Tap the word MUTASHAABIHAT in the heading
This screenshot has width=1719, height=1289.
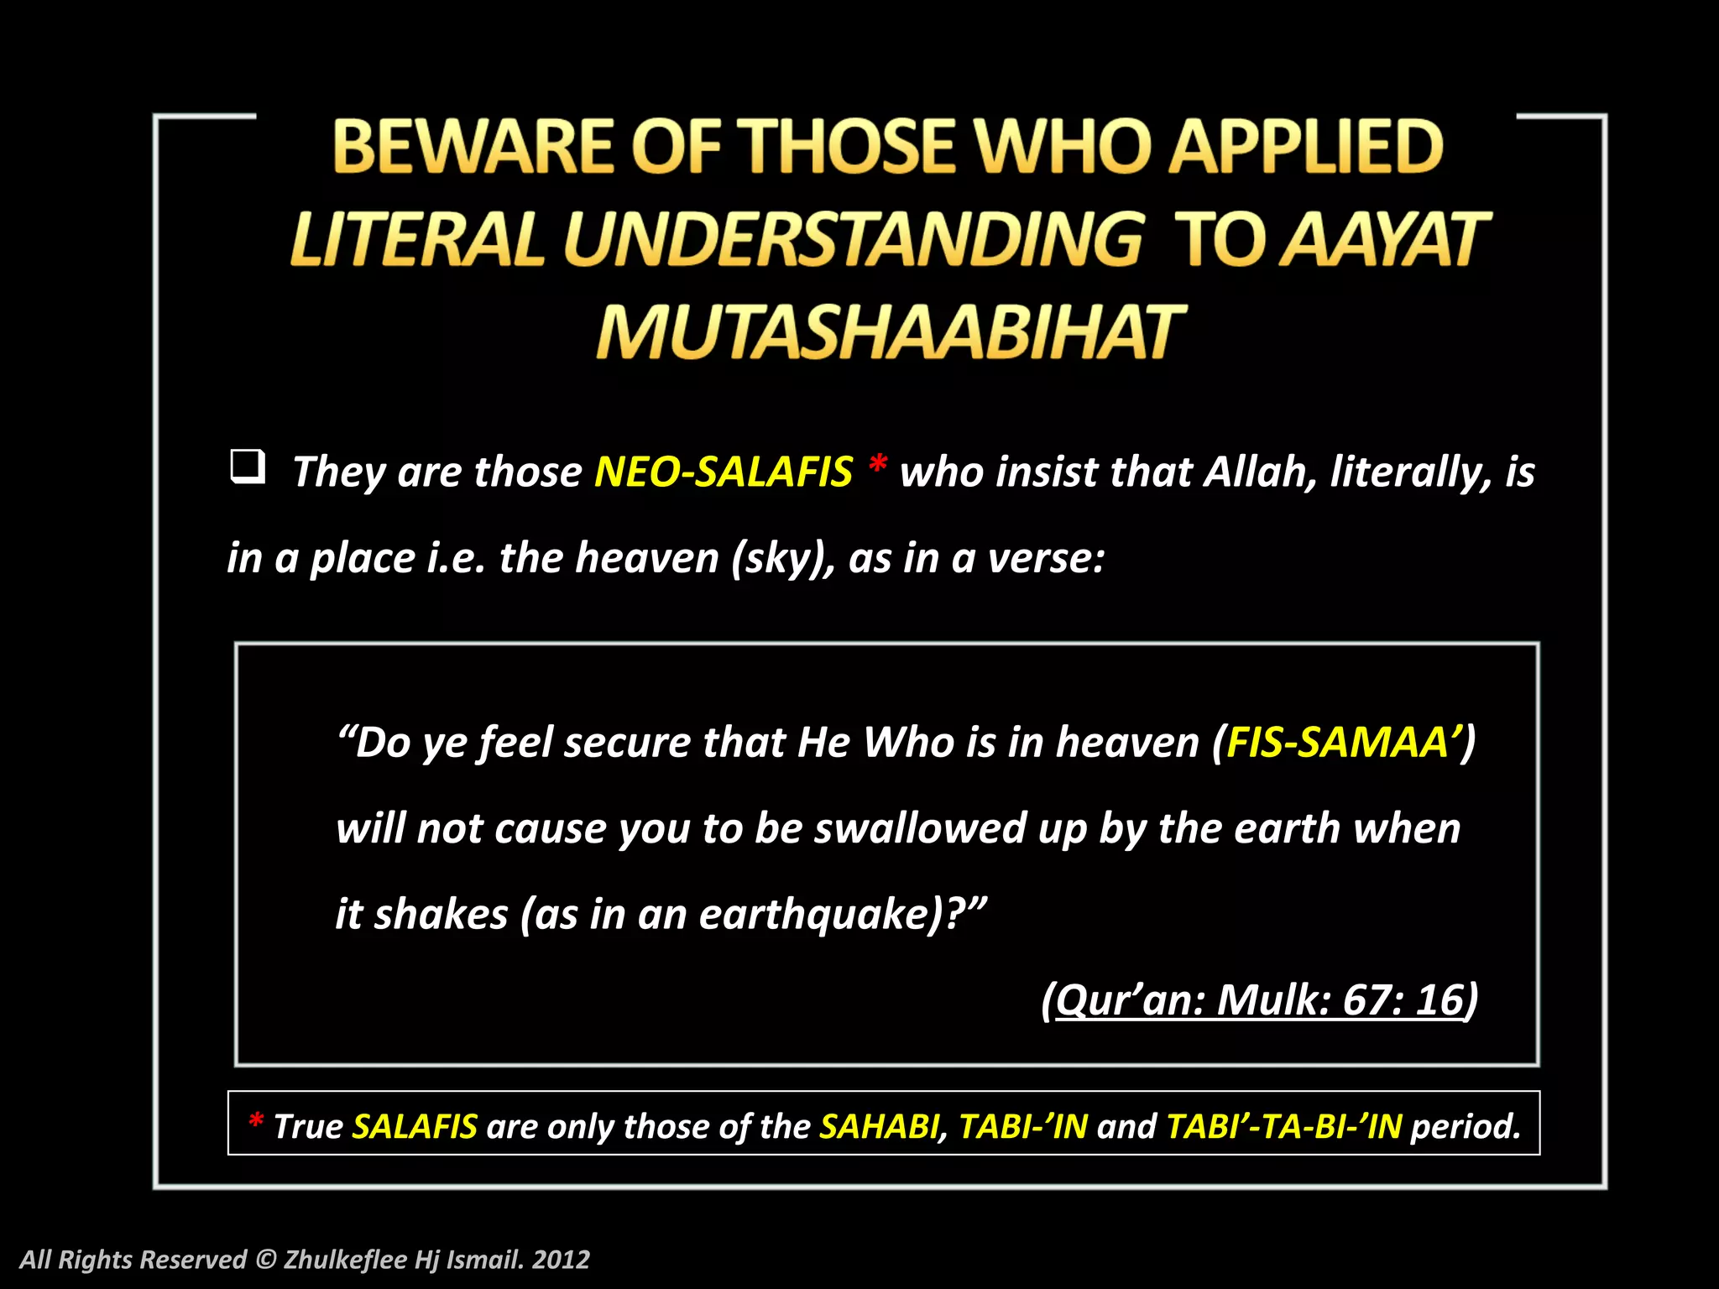[890, 332]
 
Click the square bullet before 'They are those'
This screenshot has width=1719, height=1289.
[248, 467]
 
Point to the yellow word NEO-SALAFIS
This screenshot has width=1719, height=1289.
[724, 472]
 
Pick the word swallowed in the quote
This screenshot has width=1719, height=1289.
[920, 829]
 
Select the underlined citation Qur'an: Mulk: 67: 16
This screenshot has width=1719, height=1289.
[1259, 1000]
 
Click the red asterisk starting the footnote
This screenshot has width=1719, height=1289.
[256, 1121]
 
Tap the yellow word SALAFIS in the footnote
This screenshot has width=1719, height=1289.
[415, 1126]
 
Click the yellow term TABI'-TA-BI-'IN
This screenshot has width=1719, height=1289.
[1284, 1126]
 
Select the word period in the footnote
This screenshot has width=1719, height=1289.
[1466, 1127]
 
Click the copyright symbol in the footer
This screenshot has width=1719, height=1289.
[265, 1260]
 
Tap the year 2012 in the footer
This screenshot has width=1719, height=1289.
[562, 1260]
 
